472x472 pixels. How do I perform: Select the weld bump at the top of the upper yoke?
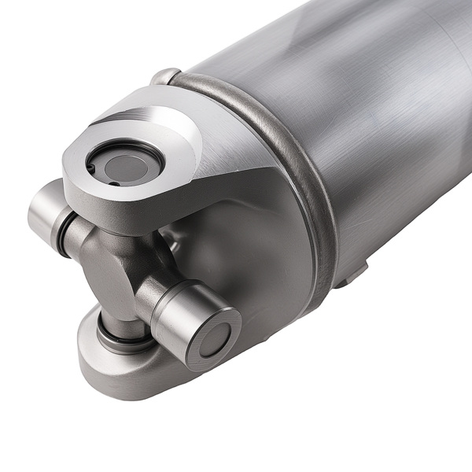tap(165, 76)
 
